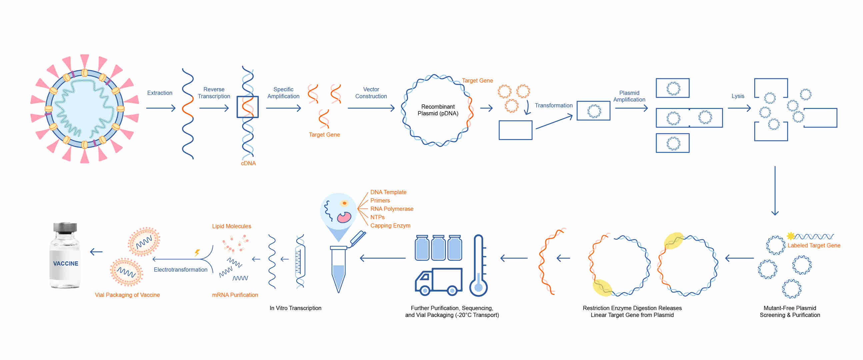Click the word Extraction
point(159,93)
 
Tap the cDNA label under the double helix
point(248,163)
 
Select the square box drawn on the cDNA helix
point(248,107)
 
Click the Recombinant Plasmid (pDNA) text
point(438,110)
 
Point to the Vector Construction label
point(371,93)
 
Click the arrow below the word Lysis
point(739,108)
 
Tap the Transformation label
point(553,105)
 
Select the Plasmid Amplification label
point(629,96)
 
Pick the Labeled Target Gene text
point(813,245)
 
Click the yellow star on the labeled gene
point(790,236)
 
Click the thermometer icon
point(478,266)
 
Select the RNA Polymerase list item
point(391,209)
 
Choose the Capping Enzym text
point(390,226)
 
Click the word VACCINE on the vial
point(66,264)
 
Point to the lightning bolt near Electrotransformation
point(197,253)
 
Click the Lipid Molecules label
point(231,226)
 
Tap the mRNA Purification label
point(235,295)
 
